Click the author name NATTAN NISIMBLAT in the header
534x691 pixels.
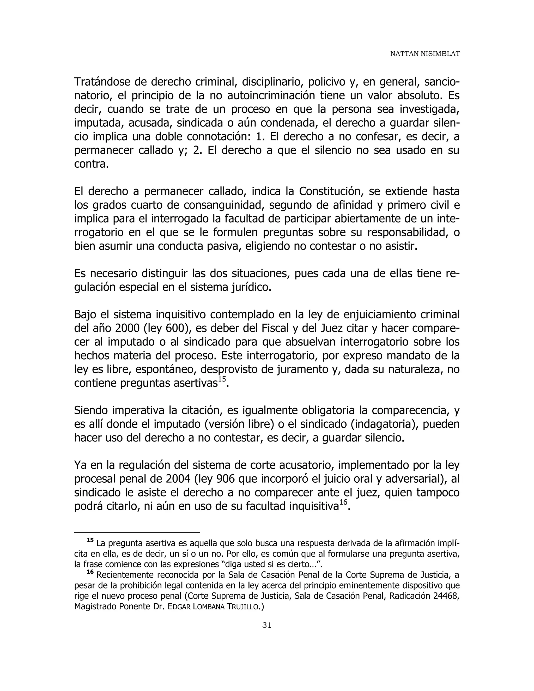click(424, 54)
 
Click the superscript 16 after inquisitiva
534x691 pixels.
click(343, 502)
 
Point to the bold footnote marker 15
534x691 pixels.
click(90, 540)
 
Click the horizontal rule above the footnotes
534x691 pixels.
click(137, 532)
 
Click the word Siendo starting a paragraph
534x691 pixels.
click(91, 411)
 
